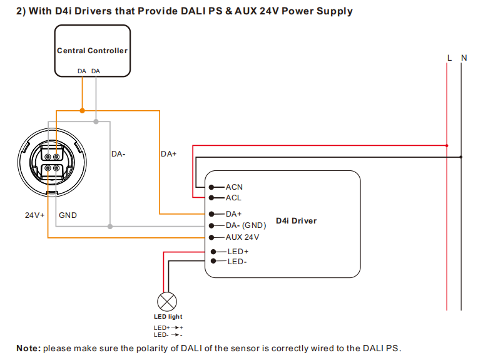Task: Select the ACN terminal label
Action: click(234, 187)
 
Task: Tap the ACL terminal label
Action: click(233, 198)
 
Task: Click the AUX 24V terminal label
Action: click(242, 237)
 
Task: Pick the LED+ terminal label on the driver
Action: click(238, 252)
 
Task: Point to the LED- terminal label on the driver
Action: click(236, 262)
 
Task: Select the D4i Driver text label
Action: click(296, 221)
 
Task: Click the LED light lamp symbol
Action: click(166, 302)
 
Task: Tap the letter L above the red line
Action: click(449, 58)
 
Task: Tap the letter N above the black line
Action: click(464, 58)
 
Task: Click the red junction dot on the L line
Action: click(447, 145)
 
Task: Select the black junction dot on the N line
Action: click(461, 157)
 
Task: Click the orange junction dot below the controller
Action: click(82, 111)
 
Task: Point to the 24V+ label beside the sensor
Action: click(35, 215)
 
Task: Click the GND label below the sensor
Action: click(68, 215)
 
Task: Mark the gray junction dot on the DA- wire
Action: click(110, 225)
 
